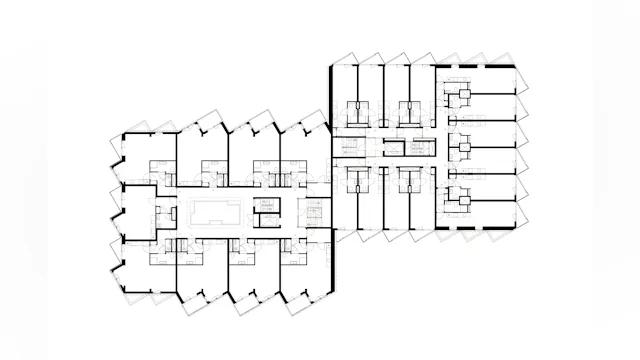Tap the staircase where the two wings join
click(315, 211)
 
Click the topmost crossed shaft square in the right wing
click(463, 95)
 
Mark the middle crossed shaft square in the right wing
click(463, 149)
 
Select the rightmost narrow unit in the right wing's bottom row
click(421, 205)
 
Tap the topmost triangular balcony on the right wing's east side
click(523, 81)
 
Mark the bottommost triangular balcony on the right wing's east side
click(523, 217)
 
